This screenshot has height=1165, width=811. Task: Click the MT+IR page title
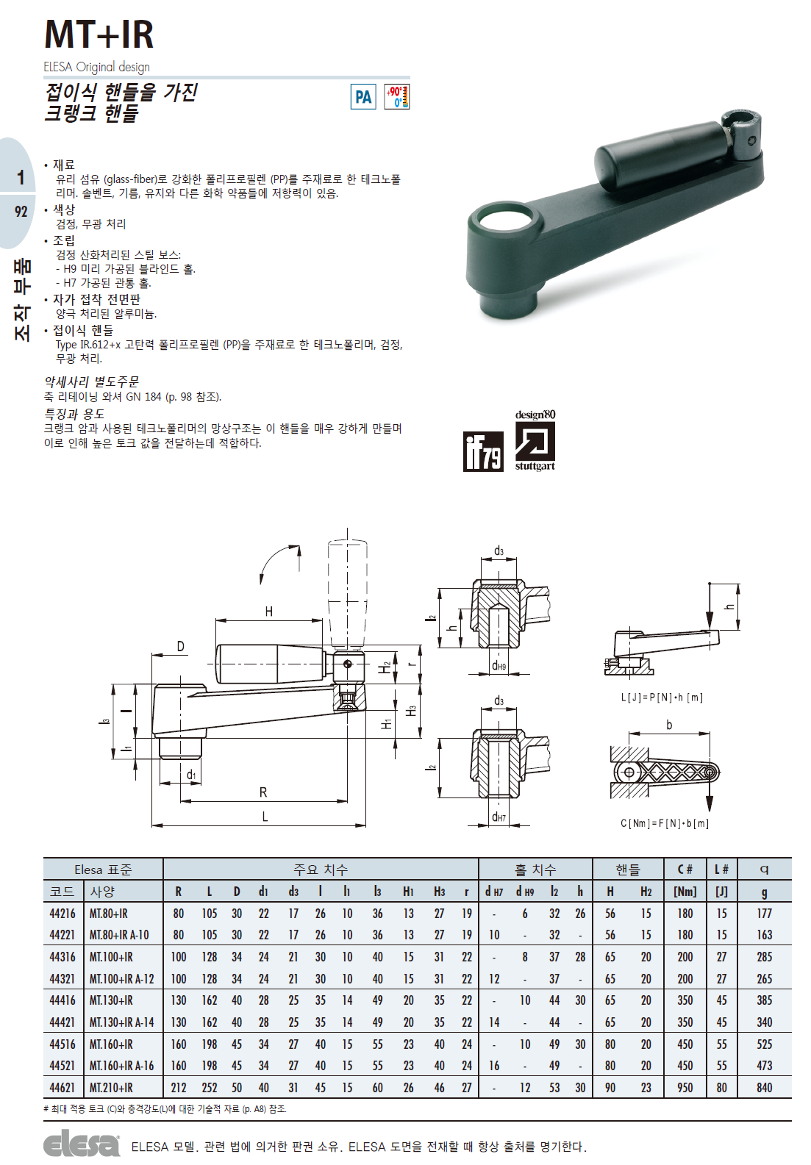point(99,35)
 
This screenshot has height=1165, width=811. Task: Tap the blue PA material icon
point(363,97)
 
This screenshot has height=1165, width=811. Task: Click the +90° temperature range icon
point(397,97)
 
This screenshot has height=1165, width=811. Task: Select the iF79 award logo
point(483,451)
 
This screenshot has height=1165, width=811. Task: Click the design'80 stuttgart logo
point(535,440)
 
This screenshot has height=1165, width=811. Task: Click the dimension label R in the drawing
point(263,792)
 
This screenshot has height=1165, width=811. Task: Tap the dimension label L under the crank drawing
point(265,817)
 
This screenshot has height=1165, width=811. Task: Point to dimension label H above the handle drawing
point(269,612)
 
